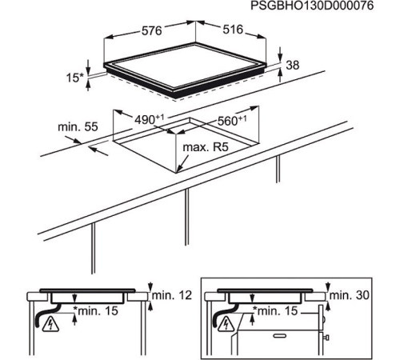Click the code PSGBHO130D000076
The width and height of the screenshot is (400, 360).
point(312,6)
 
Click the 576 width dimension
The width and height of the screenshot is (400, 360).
point(151,30)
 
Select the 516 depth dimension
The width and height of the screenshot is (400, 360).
point(233,30)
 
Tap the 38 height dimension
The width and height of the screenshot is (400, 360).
point(293,66)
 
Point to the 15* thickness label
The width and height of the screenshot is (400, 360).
point(75,78)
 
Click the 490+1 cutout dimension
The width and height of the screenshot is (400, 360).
point(149,119)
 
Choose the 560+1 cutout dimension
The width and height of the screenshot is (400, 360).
point(232,121)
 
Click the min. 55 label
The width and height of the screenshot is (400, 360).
point(78,127)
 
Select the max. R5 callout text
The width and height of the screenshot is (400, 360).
point(206,147)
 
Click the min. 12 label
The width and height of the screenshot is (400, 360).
point(172,295)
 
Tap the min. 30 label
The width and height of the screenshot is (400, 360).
point(350,295)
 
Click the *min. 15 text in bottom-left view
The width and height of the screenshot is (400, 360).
point(96,310)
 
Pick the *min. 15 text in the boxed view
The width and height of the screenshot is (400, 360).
point(275,310)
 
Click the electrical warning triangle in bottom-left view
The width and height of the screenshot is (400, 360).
point(50,324)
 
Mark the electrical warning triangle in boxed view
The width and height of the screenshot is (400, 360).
point(226,324)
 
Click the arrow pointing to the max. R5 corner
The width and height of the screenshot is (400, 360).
point(183,163)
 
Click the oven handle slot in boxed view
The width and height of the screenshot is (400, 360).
point(279,335)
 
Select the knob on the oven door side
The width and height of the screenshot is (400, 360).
point(326,338)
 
